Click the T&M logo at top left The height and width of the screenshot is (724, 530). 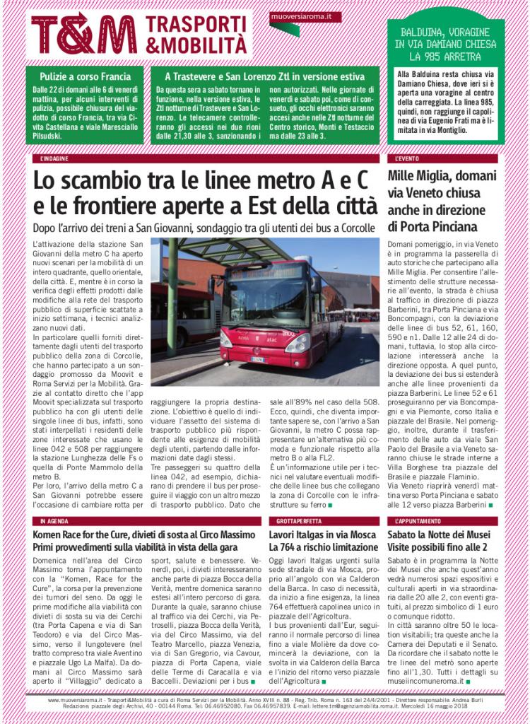(x=85, y=33)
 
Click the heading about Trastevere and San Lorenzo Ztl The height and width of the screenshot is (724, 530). (x=265, y=76)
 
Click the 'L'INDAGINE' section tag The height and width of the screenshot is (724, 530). (x=55, y=159)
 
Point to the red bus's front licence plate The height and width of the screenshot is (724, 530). (x=259, y=358)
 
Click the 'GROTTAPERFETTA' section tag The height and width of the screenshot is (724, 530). (x=290, y=520)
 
